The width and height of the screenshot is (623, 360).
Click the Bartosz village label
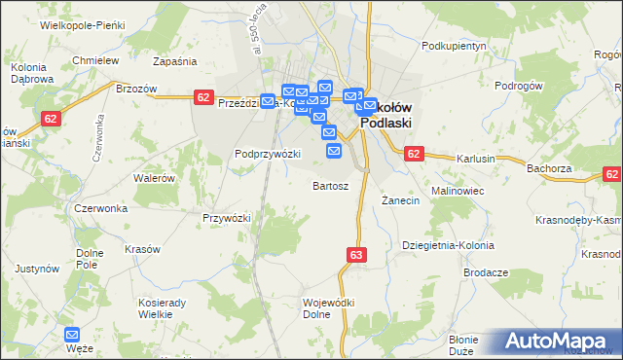(x=330, y=185)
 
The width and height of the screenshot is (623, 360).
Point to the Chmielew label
(x=95, y=60)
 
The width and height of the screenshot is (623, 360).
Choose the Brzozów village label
(x=136, y=88)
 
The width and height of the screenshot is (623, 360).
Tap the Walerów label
(x=154, y=178)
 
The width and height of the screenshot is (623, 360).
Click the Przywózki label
(x=227, y=218)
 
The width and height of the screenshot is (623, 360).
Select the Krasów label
(x=142, y=249)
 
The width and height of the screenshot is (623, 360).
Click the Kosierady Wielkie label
(x=162, y=308)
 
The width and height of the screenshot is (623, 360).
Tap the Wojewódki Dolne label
(x=328, y=308)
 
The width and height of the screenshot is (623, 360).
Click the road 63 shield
(x=355, y=255)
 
